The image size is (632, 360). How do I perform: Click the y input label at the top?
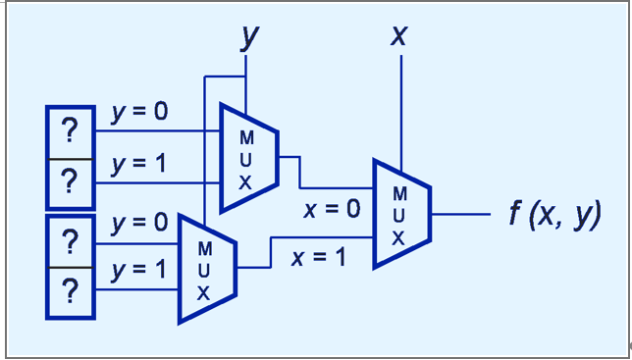250,36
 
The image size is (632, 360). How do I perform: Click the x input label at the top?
399,36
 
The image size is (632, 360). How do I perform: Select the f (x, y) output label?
554,214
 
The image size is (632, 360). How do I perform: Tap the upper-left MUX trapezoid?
246,157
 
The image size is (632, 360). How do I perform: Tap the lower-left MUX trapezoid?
205,268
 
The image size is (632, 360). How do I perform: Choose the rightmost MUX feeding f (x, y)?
401,213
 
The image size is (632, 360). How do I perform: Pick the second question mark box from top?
70,182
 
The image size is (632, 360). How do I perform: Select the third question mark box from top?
70,241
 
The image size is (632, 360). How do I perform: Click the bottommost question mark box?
70,292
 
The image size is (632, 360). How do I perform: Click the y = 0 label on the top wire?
138,112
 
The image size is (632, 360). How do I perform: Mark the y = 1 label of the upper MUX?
138,164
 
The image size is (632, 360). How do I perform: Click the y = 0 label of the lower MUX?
138,223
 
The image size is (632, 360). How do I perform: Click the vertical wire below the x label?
400,108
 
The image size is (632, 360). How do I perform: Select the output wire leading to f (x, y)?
460,213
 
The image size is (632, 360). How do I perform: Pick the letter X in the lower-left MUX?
204,291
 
